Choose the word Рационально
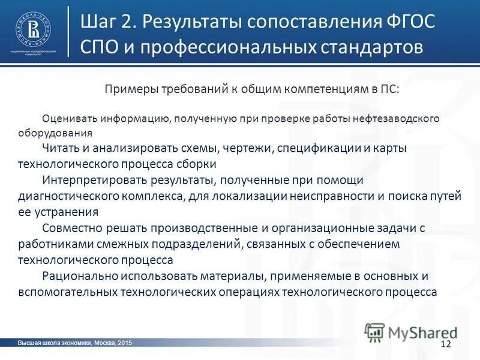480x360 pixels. (x=79, y=277)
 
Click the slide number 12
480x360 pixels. (x=445, y=343)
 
